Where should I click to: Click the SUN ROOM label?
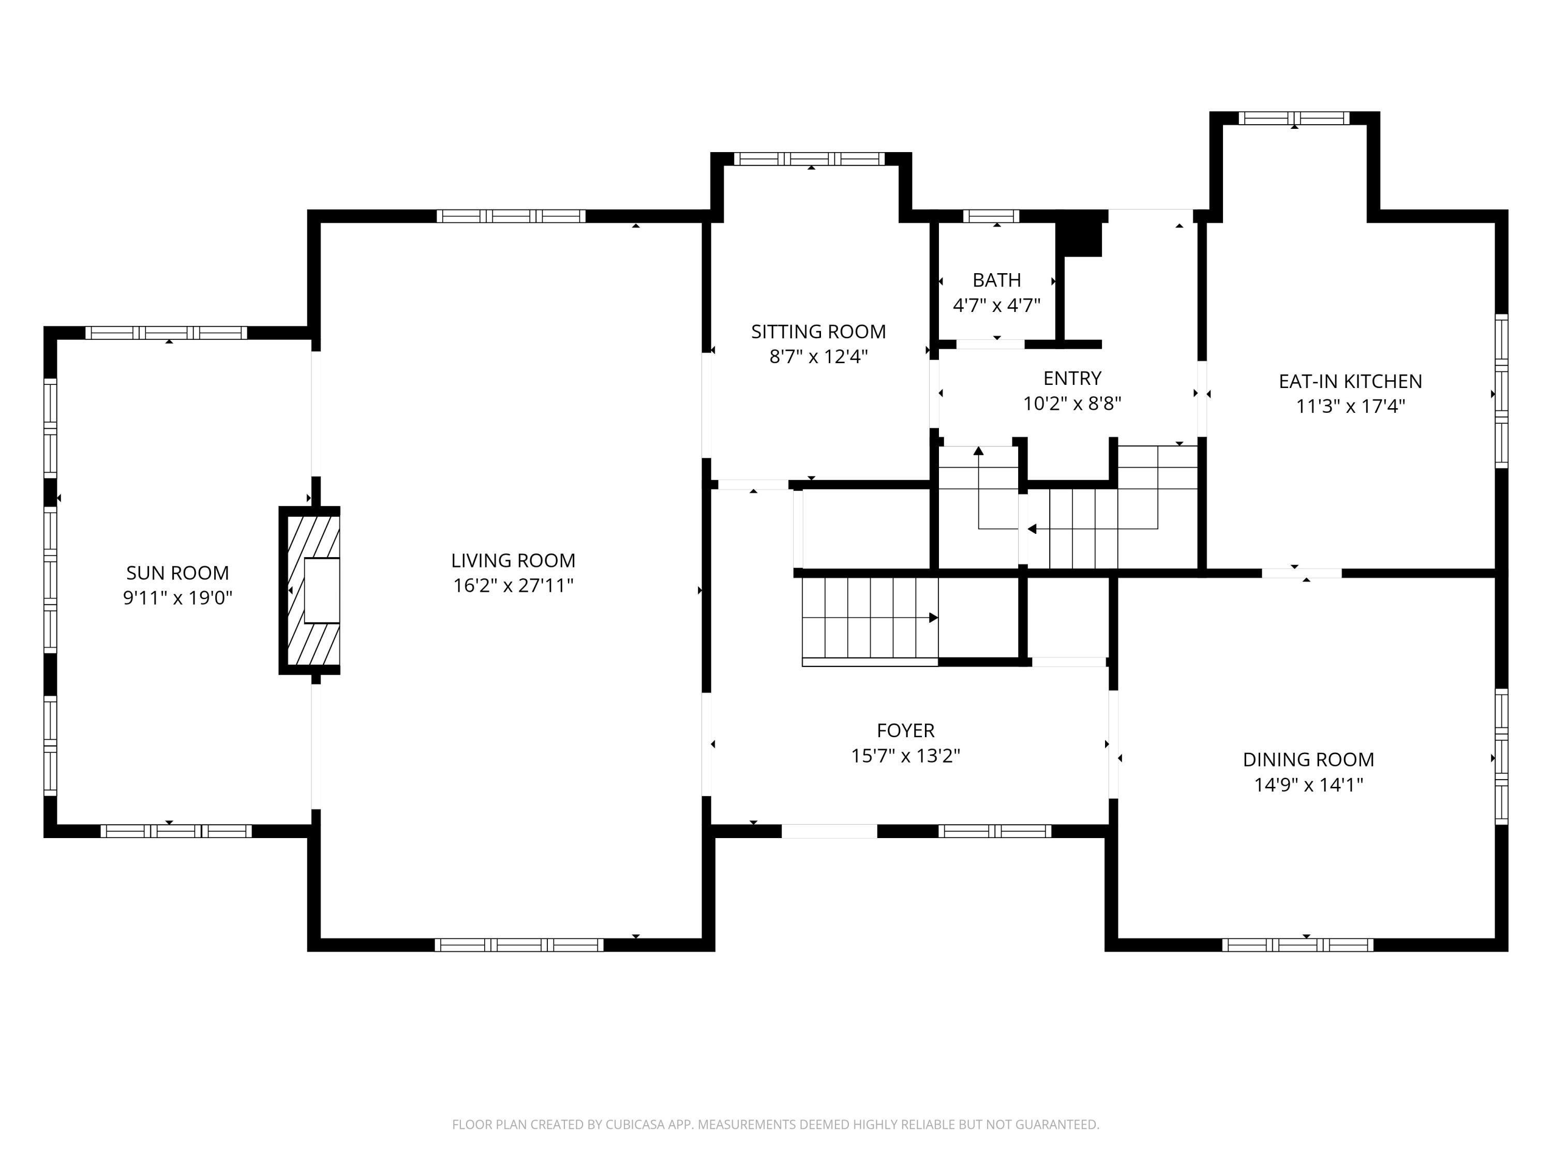click(177, 573)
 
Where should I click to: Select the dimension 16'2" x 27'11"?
click(513, 585)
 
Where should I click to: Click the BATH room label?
click(996, 280)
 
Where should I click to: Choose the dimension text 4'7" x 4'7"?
click(996, 305)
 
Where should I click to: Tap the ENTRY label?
click(1072, 378)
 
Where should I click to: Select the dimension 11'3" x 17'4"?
click(1350, 406)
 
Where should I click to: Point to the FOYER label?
click(905, 730)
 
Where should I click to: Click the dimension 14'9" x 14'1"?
click(1308, 784)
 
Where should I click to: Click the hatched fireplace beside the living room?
click(310, 590)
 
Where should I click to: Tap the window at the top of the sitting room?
click(809, 159)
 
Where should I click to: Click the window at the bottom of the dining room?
click(1297, 945)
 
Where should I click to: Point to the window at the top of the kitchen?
click(1294, 118)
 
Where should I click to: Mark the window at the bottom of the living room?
click(518, 945)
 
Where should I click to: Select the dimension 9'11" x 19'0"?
click(177, 598)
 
